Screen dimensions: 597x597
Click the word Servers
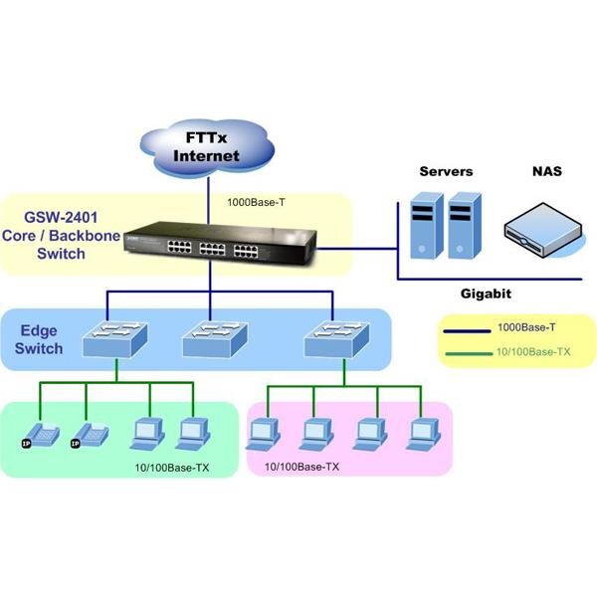pyautogui.click(x=446, y=171)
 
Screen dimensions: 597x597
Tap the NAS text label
pyautogui.click(x=546, y=171)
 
